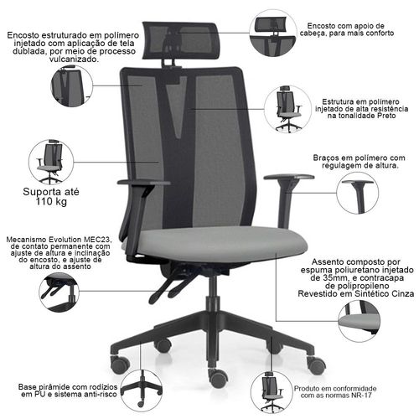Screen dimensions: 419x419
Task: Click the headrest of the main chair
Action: click(180, 40)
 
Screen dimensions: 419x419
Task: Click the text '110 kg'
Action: click(51, 202)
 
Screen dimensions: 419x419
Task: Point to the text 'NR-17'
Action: click(361, 396)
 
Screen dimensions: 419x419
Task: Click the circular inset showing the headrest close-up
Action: click(273, 33)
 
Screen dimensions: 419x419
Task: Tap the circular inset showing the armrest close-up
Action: click(357, 194)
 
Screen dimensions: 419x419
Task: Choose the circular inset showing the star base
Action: click(142, 391)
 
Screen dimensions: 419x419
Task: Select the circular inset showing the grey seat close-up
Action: click(360, 321)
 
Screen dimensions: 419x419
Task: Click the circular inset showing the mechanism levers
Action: click(59, 292)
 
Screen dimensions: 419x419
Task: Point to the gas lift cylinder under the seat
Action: click(213, 296)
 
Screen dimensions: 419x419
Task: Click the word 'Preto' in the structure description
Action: click(386, 116)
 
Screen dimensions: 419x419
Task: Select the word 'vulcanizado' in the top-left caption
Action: click(74, 59)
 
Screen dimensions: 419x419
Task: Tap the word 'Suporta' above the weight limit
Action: click(39, 192)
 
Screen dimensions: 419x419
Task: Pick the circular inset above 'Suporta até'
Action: click(51, 162)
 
